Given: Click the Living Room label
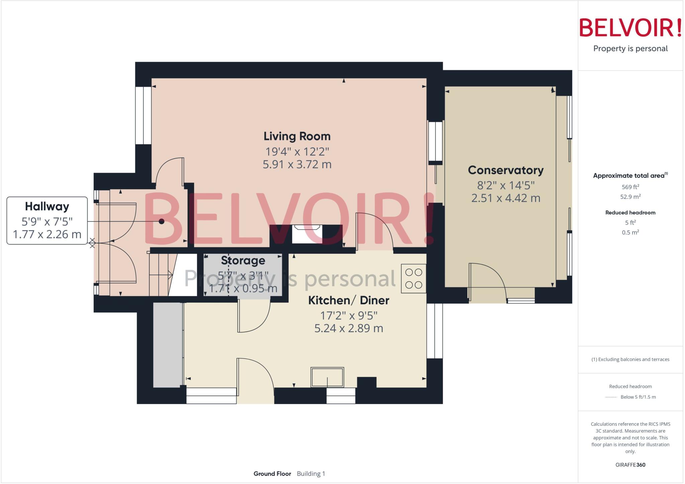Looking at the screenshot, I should [297, 136].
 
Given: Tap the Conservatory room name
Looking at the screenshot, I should [505, 170].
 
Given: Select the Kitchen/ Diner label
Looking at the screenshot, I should [348, 300].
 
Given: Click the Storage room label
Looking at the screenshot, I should [243, 260].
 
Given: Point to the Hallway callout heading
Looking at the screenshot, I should [47, 206].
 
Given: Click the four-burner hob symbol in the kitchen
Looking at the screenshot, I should [413, 279].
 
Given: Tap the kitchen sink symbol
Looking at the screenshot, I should [327, 377].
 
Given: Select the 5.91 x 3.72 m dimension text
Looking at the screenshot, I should [297, 165].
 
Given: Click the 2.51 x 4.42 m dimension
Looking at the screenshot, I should [505, 198].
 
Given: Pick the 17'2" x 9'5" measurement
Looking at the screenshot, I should [349, 315].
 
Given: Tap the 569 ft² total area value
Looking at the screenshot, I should [630, 187].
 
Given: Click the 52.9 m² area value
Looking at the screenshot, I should [630, 197].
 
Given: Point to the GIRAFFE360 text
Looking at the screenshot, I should [630, 465].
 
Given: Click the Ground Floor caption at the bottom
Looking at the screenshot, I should [272, 474].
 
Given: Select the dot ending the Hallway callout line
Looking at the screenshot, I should [162, 221].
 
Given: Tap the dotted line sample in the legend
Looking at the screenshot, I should [611, 397].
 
